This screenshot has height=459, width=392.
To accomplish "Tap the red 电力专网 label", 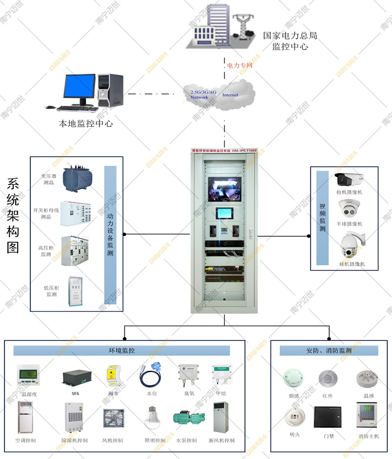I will coord(239,65).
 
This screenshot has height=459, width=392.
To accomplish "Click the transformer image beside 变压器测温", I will coord(76,177).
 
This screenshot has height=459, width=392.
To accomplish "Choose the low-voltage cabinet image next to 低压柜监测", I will coord(75,292).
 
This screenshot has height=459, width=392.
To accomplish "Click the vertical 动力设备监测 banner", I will coord(110,232).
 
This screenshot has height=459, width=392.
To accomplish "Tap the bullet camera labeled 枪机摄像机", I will coord(349,178).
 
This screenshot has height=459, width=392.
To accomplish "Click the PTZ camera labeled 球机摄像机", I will coord(352,245).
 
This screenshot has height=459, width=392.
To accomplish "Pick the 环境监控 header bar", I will coord(122,350).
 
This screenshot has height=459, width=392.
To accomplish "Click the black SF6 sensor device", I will coord(77,377).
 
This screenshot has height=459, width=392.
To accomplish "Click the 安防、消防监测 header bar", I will coord(329,350).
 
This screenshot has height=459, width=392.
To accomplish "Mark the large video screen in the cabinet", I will coord(224,189).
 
